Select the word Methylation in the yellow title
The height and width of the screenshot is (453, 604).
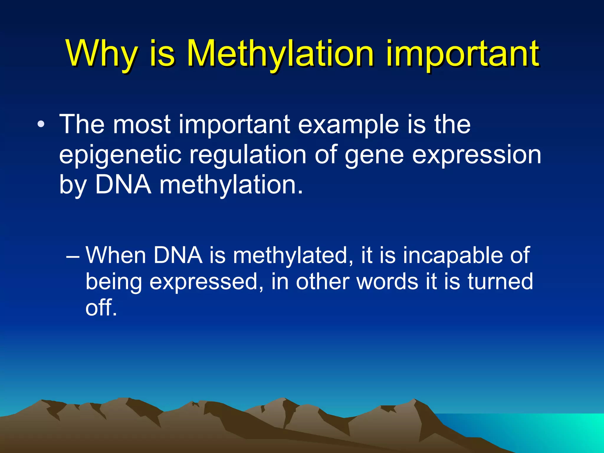pos(280,54)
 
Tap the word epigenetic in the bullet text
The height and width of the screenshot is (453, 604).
pos(120,155)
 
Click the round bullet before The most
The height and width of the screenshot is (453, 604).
pos(41,124)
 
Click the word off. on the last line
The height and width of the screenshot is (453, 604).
pos(101,307)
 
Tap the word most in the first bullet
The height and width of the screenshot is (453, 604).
pos(142,124)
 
